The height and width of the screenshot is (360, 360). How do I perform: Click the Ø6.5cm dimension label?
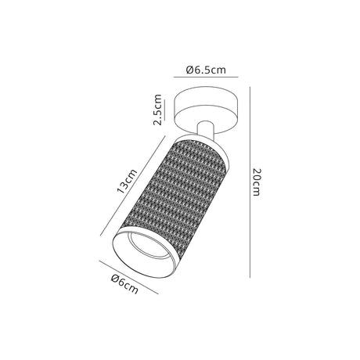(206, 70)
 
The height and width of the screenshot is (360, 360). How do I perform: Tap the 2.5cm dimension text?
(158, 110)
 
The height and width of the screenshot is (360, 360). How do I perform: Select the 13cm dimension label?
(127, 181)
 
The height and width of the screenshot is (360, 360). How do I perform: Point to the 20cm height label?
(257, 182)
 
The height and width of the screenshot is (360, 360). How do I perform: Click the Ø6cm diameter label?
(124, 284)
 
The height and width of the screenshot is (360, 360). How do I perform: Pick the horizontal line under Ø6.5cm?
(206, 77)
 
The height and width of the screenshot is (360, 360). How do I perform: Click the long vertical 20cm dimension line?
(250, 182)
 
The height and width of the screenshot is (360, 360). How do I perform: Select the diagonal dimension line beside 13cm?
(133, 186)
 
